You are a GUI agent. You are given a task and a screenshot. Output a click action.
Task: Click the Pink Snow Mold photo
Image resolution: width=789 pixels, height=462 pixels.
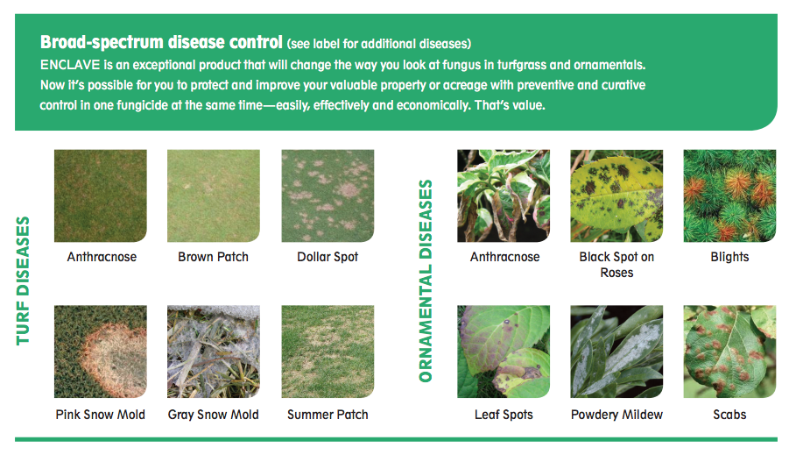click(x=101, y=352)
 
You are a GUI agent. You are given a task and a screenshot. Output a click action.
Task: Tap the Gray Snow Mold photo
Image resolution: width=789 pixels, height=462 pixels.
click(x=214, y=352)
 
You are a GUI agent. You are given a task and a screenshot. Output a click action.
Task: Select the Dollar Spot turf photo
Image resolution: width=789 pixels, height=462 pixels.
click(x=328, y=195)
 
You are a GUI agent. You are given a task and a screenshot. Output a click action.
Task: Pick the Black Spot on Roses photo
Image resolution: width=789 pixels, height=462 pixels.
click(x=616, y=195)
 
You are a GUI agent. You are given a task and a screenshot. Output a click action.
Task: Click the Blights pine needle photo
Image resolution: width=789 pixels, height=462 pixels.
click(x=729, y=195)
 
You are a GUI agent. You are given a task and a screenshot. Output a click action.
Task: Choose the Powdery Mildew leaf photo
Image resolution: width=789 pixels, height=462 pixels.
click(x=616, y=352)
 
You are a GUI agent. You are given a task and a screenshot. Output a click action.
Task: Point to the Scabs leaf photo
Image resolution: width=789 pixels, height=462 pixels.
click(x=729, y=352)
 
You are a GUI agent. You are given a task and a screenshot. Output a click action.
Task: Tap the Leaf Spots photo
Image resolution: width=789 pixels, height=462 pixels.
click(x=504, y=352)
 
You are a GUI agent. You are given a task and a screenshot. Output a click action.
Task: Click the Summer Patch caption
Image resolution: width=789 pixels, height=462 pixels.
click(x=328, y=415)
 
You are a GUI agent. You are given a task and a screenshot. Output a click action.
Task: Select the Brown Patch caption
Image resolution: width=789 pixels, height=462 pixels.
click(x=214, y=257)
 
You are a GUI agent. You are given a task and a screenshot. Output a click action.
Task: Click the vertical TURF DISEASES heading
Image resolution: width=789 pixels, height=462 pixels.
click(x=23, y=281)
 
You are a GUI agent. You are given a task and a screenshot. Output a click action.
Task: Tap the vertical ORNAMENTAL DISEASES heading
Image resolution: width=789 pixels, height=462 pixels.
click(x=426, y=281)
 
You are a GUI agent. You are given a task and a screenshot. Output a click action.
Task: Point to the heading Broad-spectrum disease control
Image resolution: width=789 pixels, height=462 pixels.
click(x=161, y=42)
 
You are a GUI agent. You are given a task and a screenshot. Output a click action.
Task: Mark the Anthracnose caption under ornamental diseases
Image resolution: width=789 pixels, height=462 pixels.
click(x=504, y=257)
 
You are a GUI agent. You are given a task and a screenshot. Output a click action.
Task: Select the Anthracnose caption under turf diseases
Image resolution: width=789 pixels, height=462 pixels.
click(x=102, y=257)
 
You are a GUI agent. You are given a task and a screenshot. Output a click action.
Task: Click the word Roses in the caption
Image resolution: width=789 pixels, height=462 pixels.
click(x=616, y=273)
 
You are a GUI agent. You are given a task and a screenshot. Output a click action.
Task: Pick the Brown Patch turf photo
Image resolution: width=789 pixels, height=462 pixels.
click(x=214, y=195)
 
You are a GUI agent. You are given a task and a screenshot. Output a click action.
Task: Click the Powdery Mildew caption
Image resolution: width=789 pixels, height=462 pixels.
click(x=616, y=415)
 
